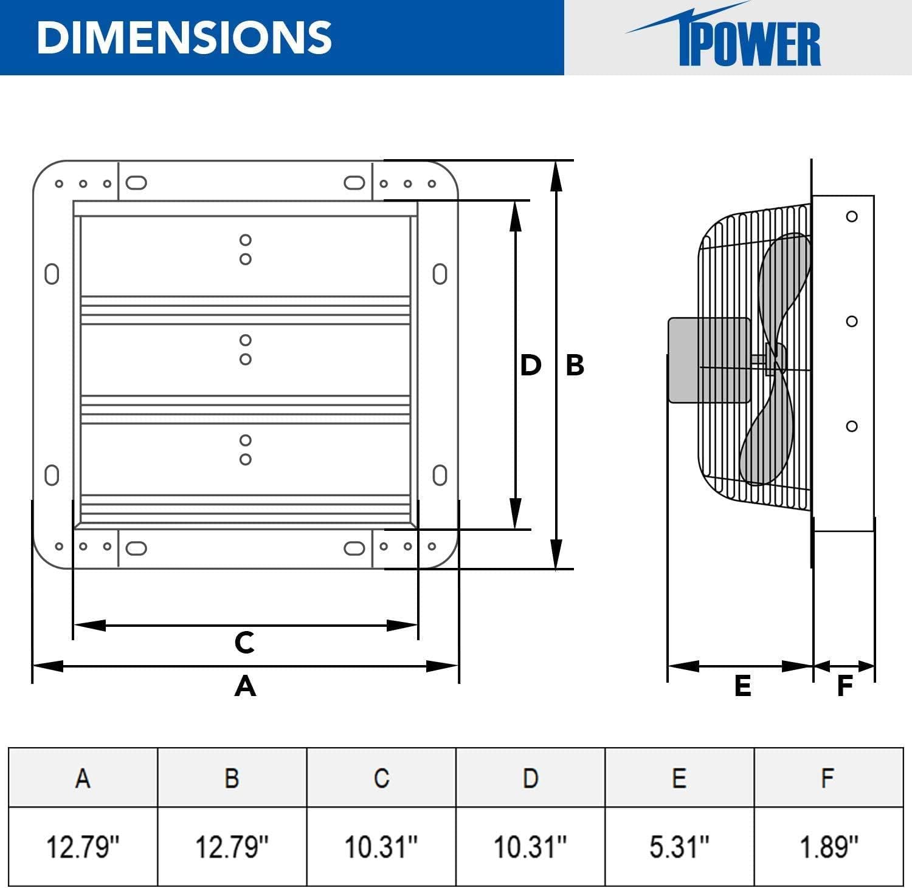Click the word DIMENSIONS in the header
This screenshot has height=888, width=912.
click(x=184, y=37)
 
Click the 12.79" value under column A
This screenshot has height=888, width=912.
click(x=83, y=846)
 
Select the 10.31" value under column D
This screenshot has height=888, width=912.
click(x=530, y=846)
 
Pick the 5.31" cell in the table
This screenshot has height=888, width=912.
click(x=679, y=846)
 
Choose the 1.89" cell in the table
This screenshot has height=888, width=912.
click(x=829, y=846)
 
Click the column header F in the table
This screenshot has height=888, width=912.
click(x=827, y=777)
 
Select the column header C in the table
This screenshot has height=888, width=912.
click(x=381, y=777)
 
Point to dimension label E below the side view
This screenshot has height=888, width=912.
click(x=742, y=686)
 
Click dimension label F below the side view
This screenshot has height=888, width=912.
click(x=845, y=686)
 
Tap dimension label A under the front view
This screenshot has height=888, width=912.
click(x=245, y=686)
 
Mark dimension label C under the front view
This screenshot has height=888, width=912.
click(x=244, y=642)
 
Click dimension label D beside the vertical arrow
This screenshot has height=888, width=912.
click(x=530, y=365)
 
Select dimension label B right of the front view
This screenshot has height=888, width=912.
click(x=575, y=365)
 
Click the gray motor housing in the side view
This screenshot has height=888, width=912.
click(x=708, y=360)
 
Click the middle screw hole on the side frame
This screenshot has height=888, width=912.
click(x=852, y=321)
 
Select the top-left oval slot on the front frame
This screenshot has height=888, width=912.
click(x=136, y=183)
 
